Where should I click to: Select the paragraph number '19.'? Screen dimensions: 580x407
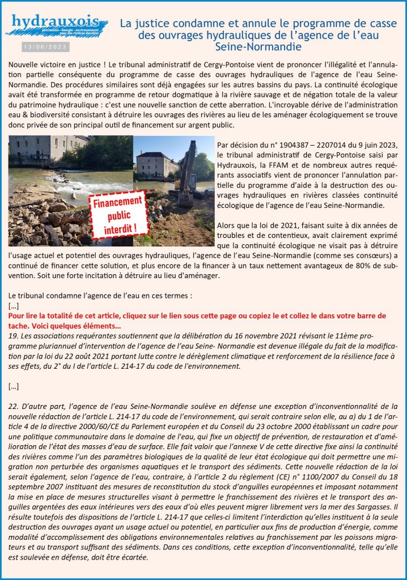pyautogui.click(x=14, y=335)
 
